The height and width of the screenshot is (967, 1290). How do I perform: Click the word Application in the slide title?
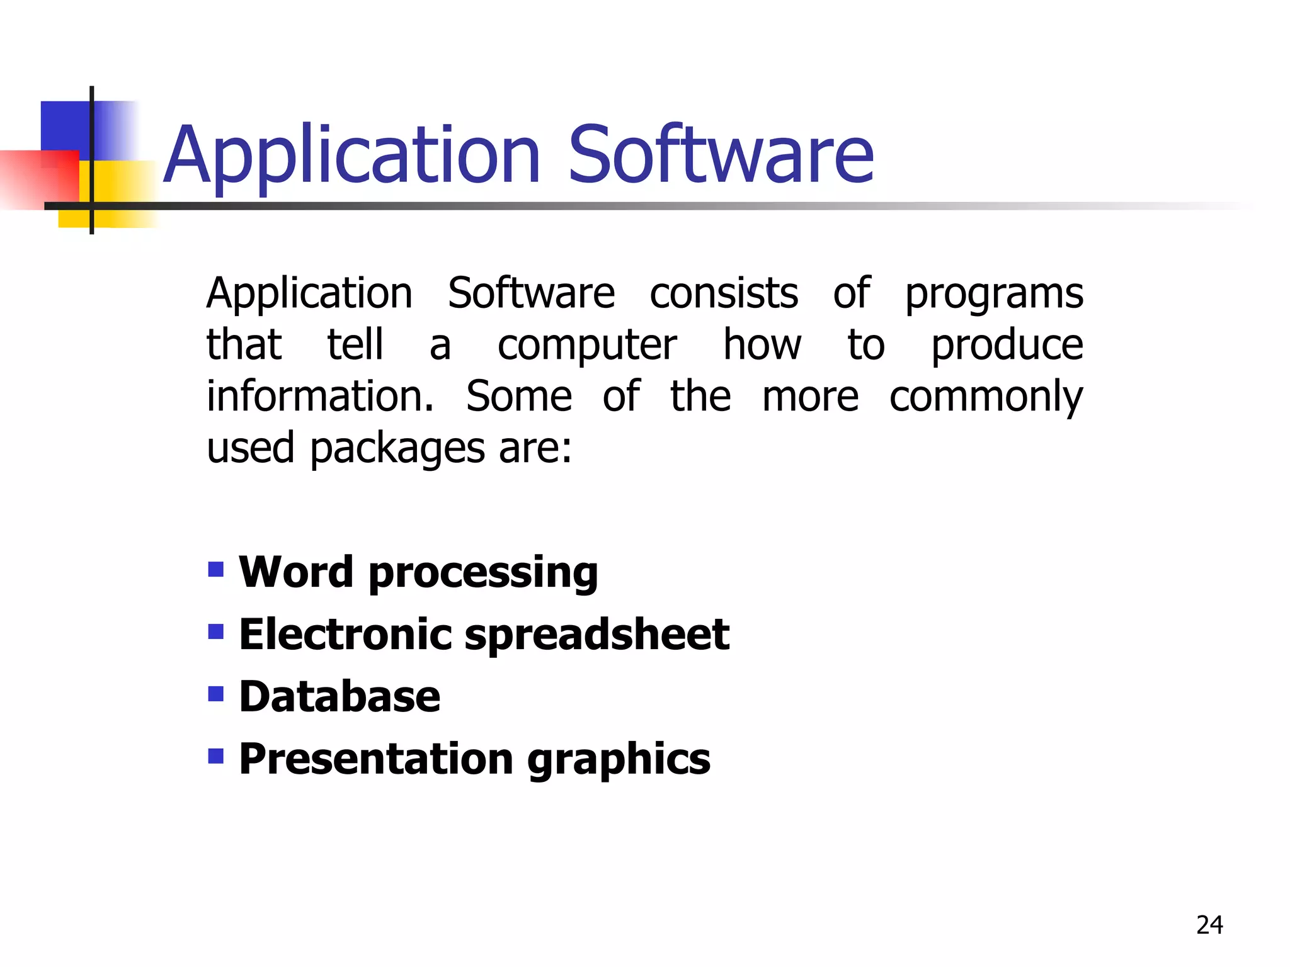pos(352,156)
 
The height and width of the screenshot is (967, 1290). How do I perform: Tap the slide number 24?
pos(1209,925)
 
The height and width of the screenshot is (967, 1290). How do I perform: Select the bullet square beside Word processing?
pos(216,569)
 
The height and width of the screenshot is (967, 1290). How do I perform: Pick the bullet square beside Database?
pos(216,694)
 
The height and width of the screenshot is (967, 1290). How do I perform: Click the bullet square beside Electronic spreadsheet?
pos(216,631)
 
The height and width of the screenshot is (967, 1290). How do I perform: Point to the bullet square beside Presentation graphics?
pos(216,755)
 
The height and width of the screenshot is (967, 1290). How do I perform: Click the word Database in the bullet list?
pos(340,697)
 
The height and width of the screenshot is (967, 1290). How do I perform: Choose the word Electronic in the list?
pos(345,634)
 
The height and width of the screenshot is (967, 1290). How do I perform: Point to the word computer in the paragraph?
pos(587,346)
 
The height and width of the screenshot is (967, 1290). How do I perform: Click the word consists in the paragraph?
pos(724,293)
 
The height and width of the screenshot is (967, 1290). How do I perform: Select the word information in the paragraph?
pos(320,396)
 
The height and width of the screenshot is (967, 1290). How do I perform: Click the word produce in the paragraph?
pos(1007,346)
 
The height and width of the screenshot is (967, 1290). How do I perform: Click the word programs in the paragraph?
pos(994,295)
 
